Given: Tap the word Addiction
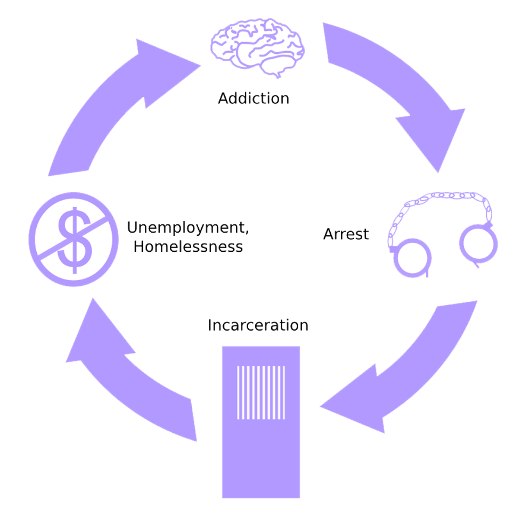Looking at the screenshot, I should coord(254,98).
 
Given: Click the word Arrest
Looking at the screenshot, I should coord(346,234).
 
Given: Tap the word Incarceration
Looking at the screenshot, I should coord(258,325).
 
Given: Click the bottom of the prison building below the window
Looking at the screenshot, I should coord(261,458).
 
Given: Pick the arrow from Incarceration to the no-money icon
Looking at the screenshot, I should coord(133,378).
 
